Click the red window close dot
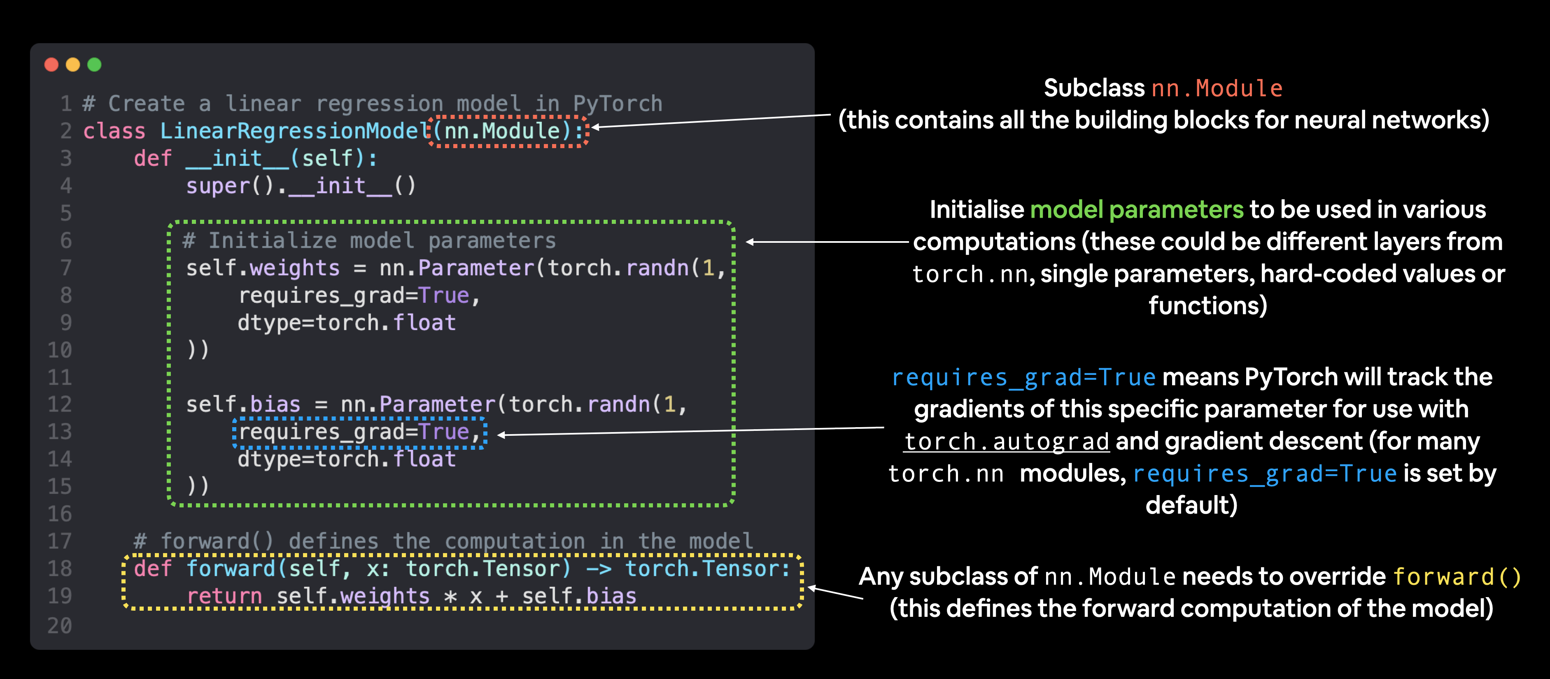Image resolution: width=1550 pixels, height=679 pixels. click(52, 64)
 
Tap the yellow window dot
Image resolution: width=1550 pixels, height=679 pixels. click(73, 64)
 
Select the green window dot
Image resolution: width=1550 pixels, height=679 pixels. click(94, 64)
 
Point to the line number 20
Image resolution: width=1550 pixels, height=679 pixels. click(60, 626)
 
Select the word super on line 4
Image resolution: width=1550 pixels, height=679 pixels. click(218, 186)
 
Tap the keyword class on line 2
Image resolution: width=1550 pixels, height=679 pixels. click(114, 131)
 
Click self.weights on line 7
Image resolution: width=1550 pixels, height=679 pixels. click(263, 268)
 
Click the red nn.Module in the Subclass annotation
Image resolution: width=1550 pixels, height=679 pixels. click(1217, 88)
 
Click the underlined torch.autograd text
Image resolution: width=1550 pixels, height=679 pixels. click(1007, 442)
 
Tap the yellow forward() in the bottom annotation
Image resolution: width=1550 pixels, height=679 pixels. click(1457, 577)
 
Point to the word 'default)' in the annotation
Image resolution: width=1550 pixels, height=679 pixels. click(1191, 505)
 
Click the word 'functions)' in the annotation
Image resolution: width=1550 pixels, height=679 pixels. click(1207, 305)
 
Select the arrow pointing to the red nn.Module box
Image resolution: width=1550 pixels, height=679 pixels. click(710, 121)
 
